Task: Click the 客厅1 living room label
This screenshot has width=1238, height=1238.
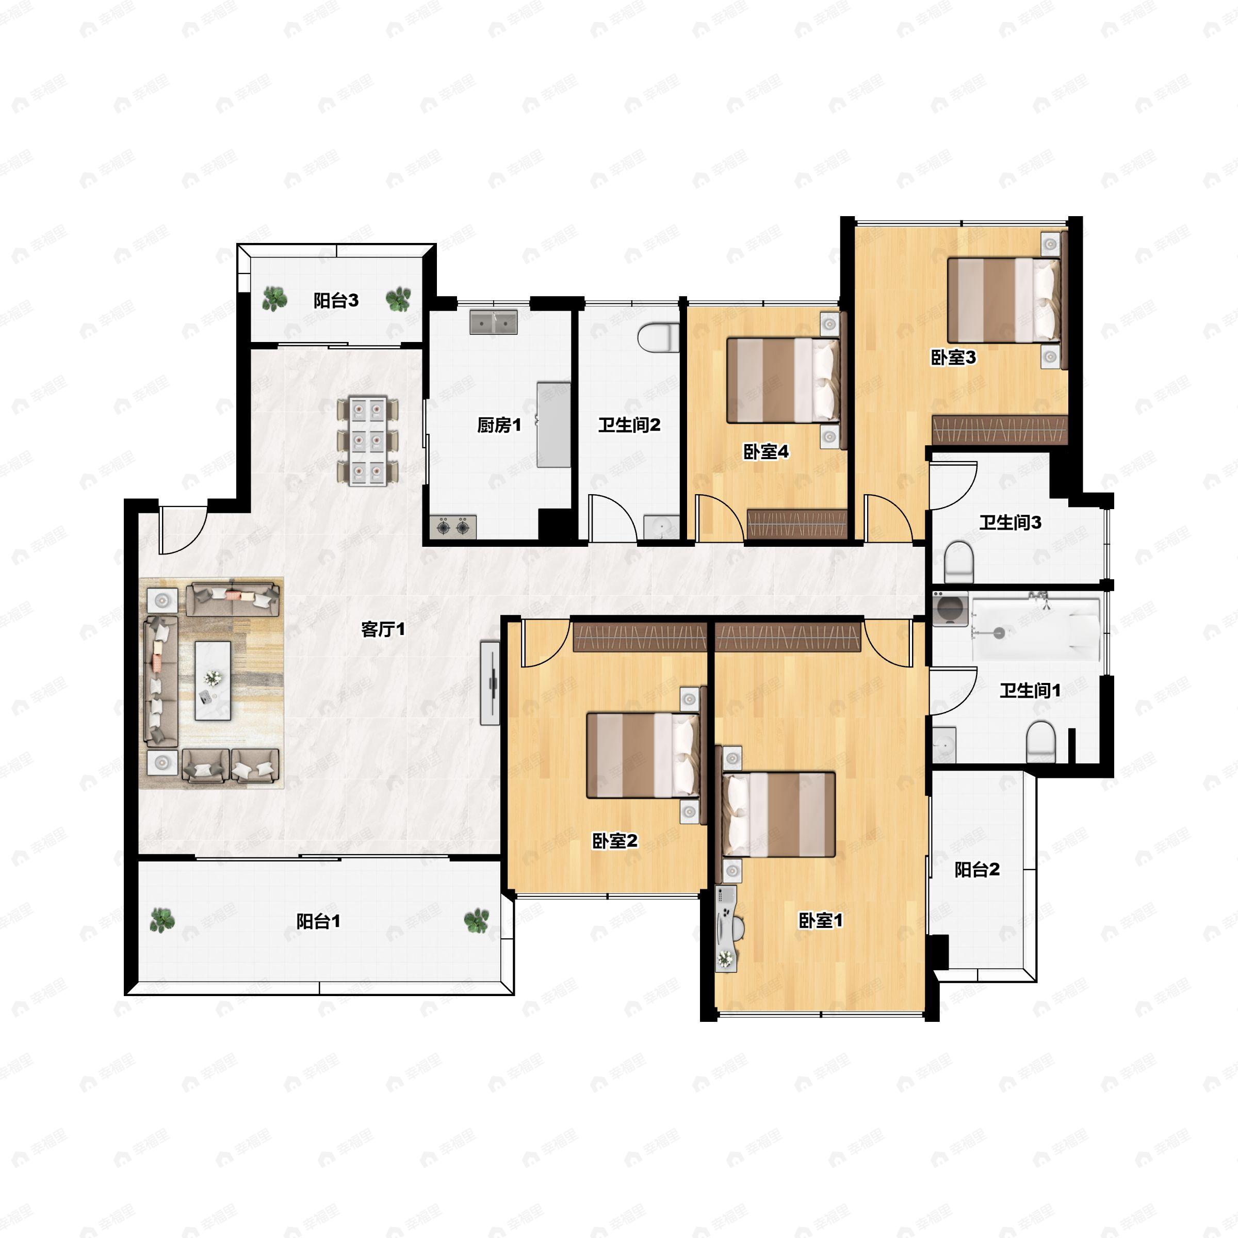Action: pyautogui.click(x=383, y=629)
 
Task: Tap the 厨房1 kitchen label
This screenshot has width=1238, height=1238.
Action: pyautogui.click(x=499, y=425)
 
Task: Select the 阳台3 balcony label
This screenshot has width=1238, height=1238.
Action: pyautogui.click(x=336, y=301)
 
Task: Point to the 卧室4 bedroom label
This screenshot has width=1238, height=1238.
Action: pyautogui.click(x=765, y=452)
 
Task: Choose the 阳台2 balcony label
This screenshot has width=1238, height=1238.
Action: pyautogui.click(x=977, y=870)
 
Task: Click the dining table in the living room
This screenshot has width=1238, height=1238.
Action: pyautogui.click(x=368, y=441)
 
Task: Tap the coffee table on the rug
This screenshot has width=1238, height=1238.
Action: pyautogui.click(x=213, y=680)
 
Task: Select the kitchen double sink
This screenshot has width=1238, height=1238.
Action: pyautogui.click(x=494, y=322)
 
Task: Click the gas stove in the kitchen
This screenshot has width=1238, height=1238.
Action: pyautogui.click(x=453, y=527)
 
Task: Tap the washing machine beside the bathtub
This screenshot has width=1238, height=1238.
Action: pyautogui.click(x=950, y=608)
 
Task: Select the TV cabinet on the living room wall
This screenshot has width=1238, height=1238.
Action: pyautogui.click(x=490, y=683)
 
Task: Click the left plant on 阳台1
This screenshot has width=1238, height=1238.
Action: pyautogui.click(x=162, y=920)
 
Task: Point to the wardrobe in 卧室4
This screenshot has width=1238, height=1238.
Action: pyautogui.click(x=797, y=524)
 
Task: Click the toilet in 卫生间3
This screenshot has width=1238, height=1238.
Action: pyautogui.click(x=959, y=562)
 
